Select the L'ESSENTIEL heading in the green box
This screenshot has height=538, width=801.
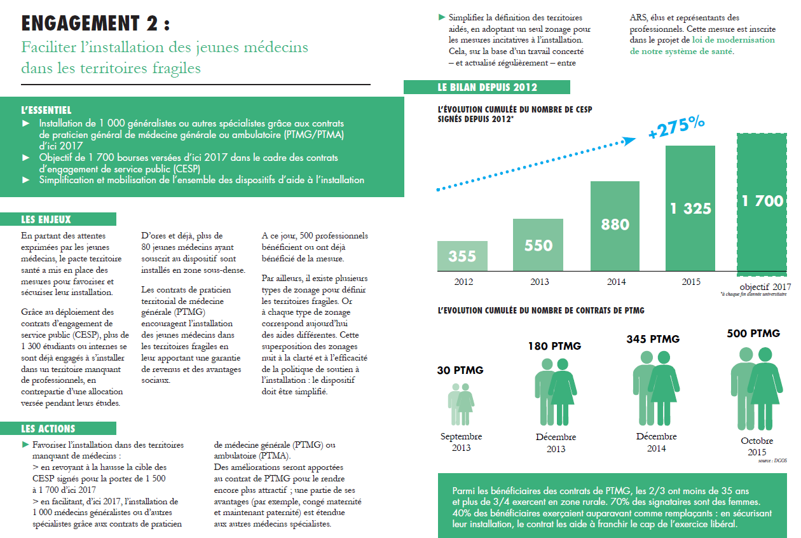point(46,111)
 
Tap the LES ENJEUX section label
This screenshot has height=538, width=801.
point(46,219)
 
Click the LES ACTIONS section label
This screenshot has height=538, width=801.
point(48,429)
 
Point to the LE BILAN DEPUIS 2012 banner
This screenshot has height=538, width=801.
point(487,88)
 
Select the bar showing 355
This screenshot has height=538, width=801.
point(462,256)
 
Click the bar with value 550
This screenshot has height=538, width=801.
point(538,245)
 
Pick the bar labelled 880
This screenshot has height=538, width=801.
point(615,226)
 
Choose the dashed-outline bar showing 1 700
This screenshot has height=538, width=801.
point(763,202)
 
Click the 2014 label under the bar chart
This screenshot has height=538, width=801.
point(615,282)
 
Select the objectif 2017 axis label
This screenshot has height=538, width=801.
point(765,287)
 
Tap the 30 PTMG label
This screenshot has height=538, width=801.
point(460,370)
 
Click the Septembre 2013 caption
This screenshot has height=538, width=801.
point(462,442)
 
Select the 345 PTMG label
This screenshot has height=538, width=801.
point(653,339)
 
